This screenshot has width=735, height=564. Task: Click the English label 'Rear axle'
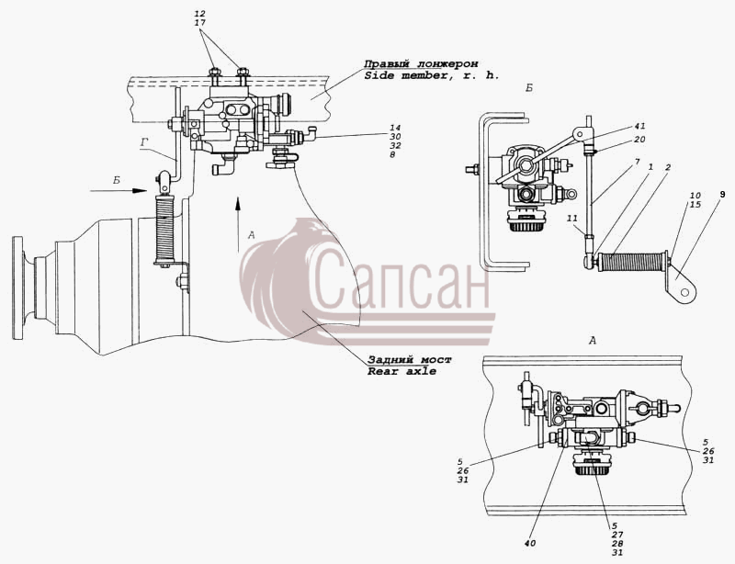pos(401,371)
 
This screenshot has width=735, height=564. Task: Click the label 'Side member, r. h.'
pos(432,75)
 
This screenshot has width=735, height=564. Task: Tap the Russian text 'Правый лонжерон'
pos(422,63)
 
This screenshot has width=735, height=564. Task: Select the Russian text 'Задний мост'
pos(409,359)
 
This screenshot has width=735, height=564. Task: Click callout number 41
pos(639,126)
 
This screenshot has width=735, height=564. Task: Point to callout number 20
pos(639,140)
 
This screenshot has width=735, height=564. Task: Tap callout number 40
pos(530,544)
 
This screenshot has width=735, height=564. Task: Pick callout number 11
pos(571,218)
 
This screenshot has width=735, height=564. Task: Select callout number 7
pos(637,162)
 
